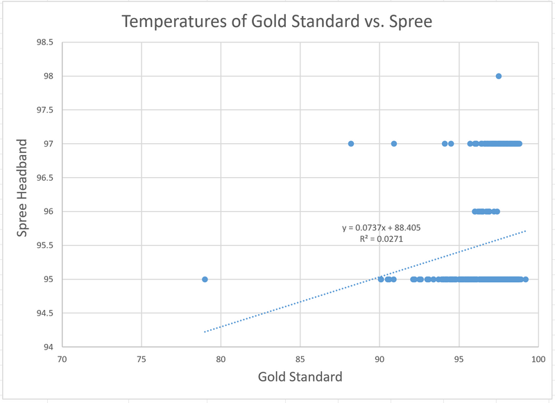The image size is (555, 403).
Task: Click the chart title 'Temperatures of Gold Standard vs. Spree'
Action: pos(277,22)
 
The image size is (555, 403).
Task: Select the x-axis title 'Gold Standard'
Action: pos(300,377)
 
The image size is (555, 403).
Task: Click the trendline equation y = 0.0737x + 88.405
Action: pos(382,227)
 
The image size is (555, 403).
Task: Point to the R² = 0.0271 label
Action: pos(382,238)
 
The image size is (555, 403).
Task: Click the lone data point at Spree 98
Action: pos(499,76)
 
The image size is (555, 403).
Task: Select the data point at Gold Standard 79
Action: pos(205,279)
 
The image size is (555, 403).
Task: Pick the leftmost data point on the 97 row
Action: pos(351,144)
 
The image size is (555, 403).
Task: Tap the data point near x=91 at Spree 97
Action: pos(394,144)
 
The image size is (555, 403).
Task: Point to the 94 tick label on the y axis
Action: pos(48,347)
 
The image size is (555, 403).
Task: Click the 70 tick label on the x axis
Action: pos(62,359)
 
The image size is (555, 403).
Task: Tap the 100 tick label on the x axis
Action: pos(538,359)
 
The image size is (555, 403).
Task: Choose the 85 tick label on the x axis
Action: pos(300,359)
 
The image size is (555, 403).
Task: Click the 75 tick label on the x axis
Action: pos(142,359)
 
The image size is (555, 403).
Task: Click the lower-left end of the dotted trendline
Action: pos(204,332)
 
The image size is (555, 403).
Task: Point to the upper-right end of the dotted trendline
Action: pos(526,231)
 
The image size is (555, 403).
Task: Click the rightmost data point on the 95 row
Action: pos(526,279)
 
